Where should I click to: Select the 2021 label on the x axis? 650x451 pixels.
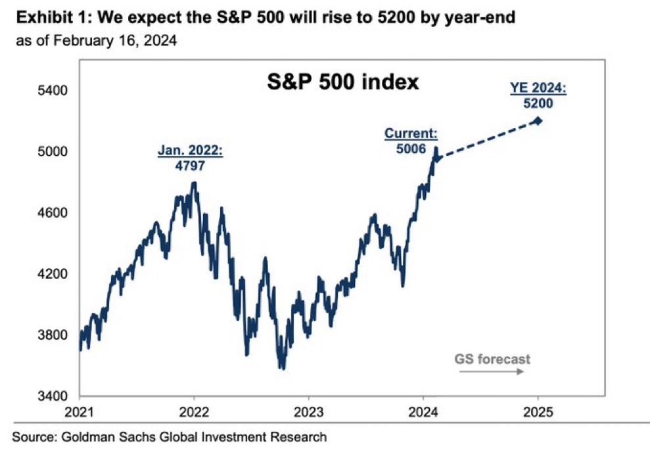[80, 413]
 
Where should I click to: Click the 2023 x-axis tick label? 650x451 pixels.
[308, 413]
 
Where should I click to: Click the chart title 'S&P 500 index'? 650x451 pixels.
[342, 83]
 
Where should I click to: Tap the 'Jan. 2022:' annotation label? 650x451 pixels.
[191, 151]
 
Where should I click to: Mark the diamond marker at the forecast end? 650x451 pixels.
[538, 120]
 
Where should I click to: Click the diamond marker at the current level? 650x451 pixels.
[439, 158]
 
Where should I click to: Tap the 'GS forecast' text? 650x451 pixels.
[492, 359]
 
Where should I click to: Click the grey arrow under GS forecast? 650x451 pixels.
[491, 371]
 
